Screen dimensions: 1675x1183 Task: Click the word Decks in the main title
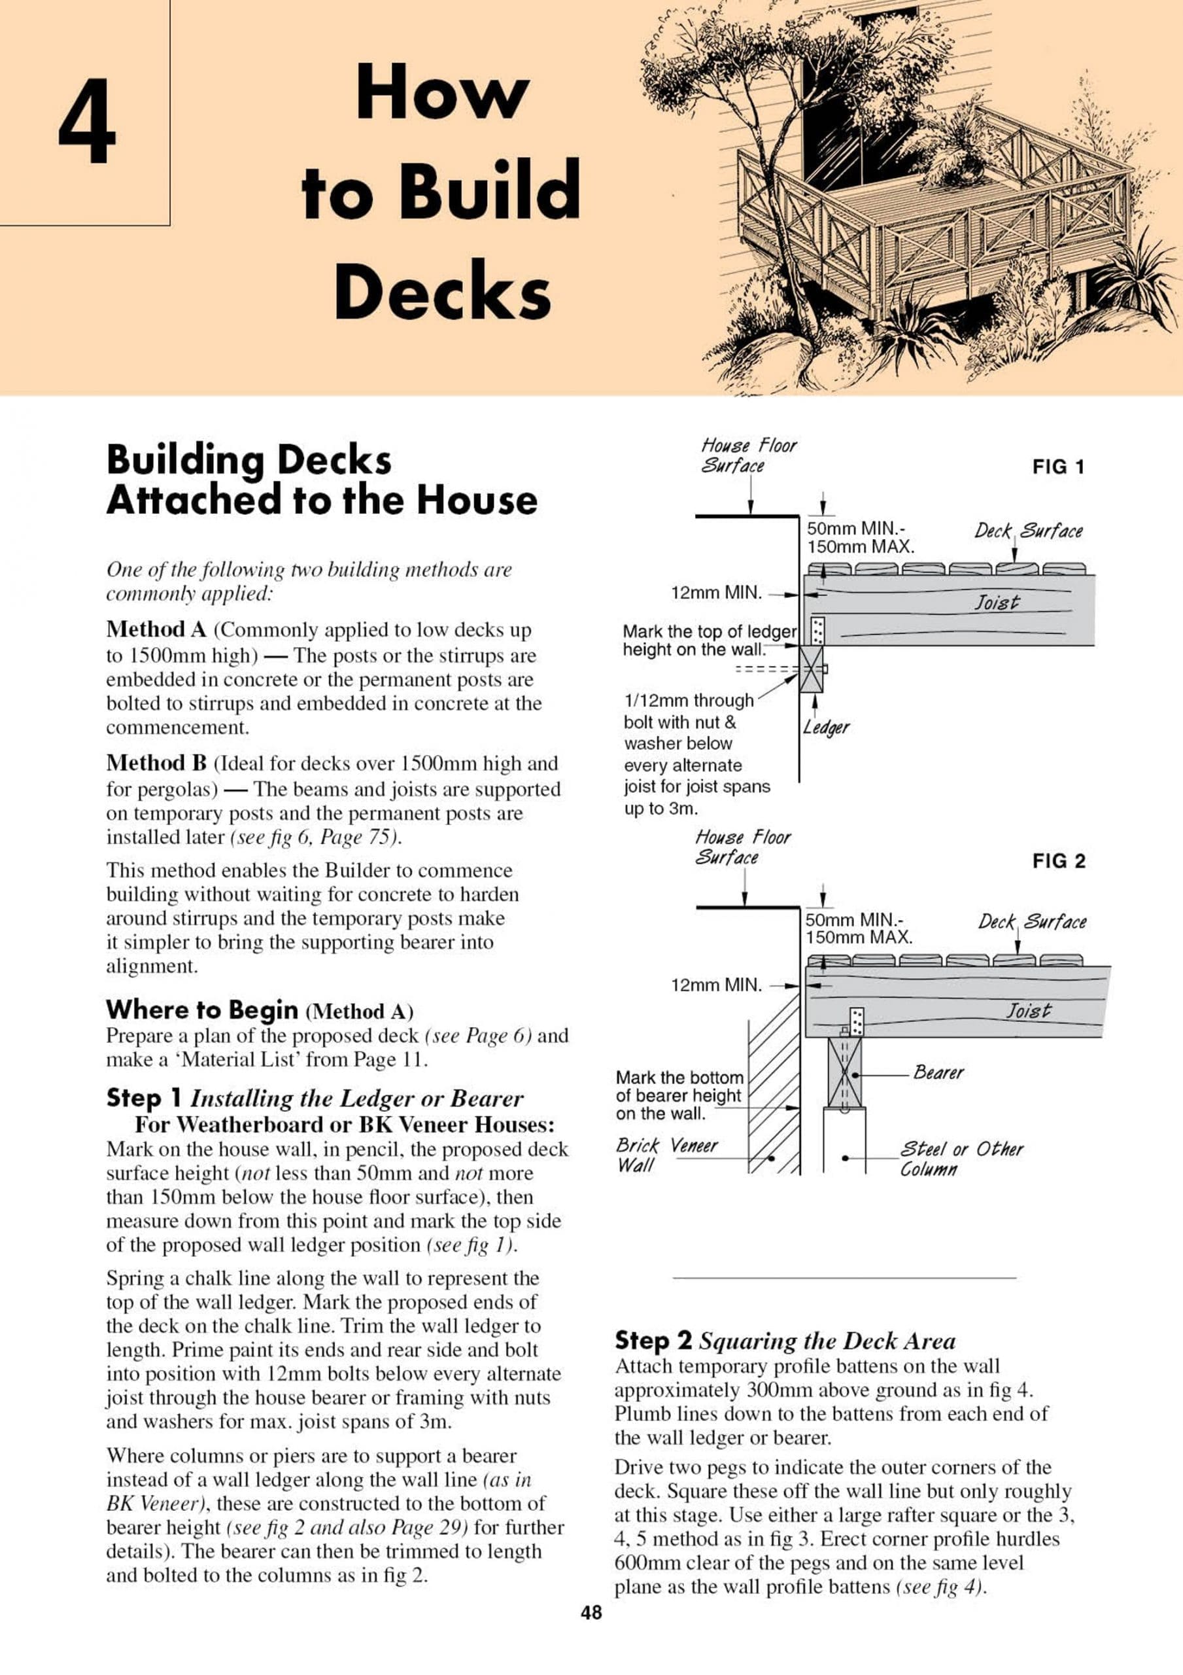[442, 291]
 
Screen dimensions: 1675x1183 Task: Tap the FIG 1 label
[1057, 467]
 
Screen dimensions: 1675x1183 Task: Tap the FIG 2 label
[1058, 862]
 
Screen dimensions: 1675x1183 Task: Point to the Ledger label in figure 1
[826, 728]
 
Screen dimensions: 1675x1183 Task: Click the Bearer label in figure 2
[938, 1072]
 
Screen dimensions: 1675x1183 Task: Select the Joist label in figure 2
[1029, 1011]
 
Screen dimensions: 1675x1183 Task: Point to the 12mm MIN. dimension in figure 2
[716, 985]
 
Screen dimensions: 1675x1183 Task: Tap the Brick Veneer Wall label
[666, 1155]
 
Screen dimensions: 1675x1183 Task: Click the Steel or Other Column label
[961, 1159]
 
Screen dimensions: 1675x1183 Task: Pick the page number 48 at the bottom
[591, 1633]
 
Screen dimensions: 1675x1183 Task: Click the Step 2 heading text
[653, 1340]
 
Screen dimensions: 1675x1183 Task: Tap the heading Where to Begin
[202, 1010]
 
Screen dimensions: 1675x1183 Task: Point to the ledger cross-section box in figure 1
[811, 668]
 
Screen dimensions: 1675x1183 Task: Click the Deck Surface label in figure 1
[1029, 531]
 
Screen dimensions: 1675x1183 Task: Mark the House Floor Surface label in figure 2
[742, 847]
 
